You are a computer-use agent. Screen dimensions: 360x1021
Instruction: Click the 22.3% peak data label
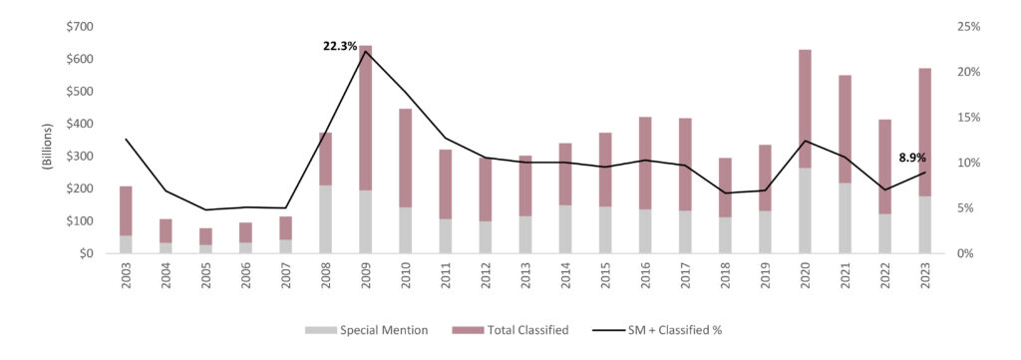(340, 46)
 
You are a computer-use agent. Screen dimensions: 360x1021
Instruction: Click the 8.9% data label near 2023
(913, 158)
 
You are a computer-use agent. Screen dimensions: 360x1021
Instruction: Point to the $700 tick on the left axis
(81, 26)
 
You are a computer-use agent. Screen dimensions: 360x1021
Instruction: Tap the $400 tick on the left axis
(81, 124)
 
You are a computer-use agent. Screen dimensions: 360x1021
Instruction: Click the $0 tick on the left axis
(89, 253)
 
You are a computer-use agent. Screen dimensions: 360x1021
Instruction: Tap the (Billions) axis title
(46, 140)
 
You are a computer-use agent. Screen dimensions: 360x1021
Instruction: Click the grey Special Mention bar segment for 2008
(326, 219)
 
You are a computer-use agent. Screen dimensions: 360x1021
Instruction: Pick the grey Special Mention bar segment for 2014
(565, 229)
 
